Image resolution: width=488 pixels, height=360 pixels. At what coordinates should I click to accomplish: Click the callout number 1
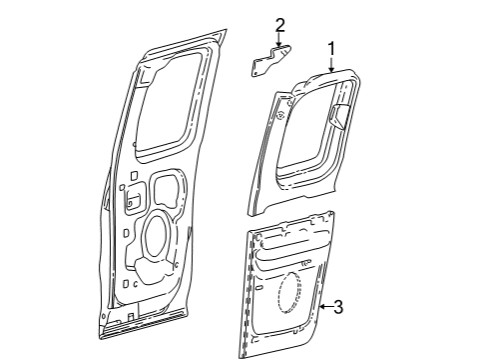click(331, 49)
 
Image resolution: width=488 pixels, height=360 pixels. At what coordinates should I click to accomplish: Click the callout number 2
click(279, 25)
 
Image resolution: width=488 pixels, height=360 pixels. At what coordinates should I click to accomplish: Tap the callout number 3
click(338, 307)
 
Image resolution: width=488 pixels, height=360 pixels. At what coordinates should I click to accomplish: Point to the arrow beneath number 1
click(331, 65)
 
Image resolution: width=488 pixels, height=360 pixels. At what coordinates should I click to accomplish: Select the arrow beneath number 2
click(279, 39)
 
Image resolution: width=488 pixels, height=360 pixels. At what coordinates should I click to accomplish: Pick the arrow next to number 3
click(326, 307)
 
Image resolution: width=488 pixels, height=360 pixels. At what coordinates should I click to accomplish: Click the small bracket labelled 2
click(271, 60)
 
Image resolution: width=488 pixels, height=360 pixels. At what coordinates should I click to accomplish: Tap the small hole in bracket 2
click(255, 72)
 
